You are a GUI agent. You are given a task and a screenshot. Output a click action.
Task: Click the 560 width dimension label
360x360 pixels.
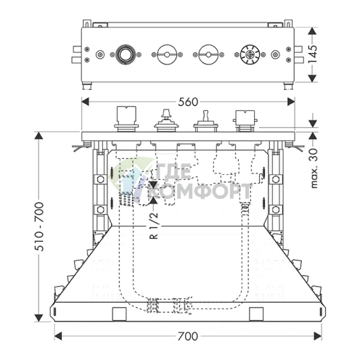(x=188, y=102)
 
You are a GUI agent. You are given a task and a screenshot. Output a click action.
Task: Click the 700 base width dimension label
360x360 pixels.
(x=188, y=336)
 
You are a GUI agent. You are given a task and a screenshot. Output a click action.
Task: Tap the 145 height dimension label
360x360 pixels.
(x=312, y=54)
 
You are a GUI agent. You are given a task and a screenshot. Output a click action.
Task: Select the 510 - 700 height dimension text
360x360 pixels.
(x=38, y=226)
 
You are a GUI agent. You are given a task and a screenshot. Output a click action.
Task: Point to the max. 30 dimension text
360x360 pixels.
(x=314, y=168)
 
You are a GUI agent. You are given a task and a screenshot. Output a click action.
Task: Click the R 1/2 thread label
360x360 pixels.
(x=154, y=226)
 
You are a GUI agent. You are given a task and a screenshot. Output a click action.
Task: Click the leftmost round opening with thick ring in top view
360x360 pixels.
(x=125, y=54)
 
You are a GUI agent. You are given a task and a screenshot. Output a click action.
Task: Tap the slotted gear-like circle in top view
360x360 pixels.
(x=250, y=54)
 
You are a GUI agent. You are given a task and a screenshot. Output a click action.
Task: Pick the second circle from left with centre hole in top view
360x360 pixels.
(x=167, y=54)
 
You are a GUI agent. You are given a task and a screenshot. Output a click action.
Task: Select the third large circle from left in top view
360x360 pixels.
(x=208, y=54)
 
